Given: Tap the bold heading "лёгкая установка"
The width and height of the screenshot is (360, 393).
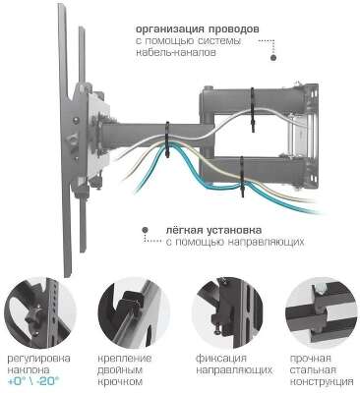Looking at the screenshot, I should click(223, 227).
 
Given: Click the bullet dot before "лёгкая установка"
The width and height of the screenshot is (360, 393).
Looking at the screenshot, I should click(173, 227).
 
